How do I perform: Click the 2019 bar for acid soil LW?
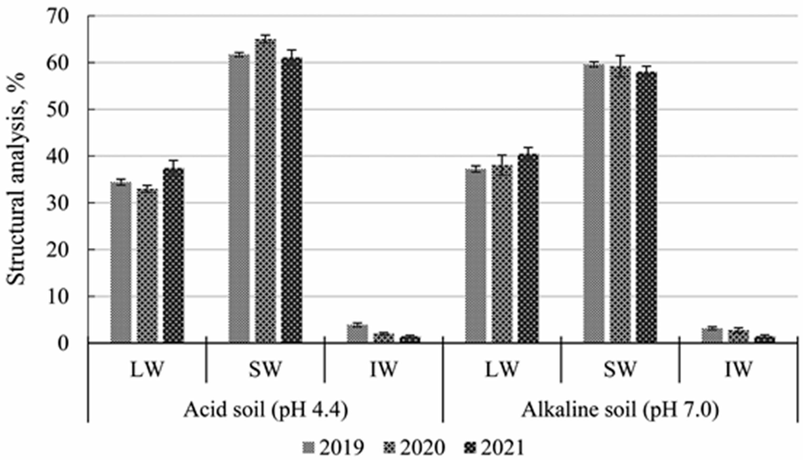(x=121, y=262)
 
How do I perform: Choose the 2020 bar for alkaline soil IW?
(x=739, y=336)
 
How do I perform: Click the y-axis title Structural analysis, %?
(x=16, y=179)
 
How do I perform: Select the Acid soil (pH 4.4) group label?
(x=265, y=410)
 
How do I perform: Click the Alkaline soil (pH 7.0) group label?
(x=620, y=410)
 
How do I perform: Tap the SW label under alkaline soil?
(x=620, y=369)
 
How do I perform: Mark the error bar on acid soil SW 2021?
(x=292, y=54)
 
